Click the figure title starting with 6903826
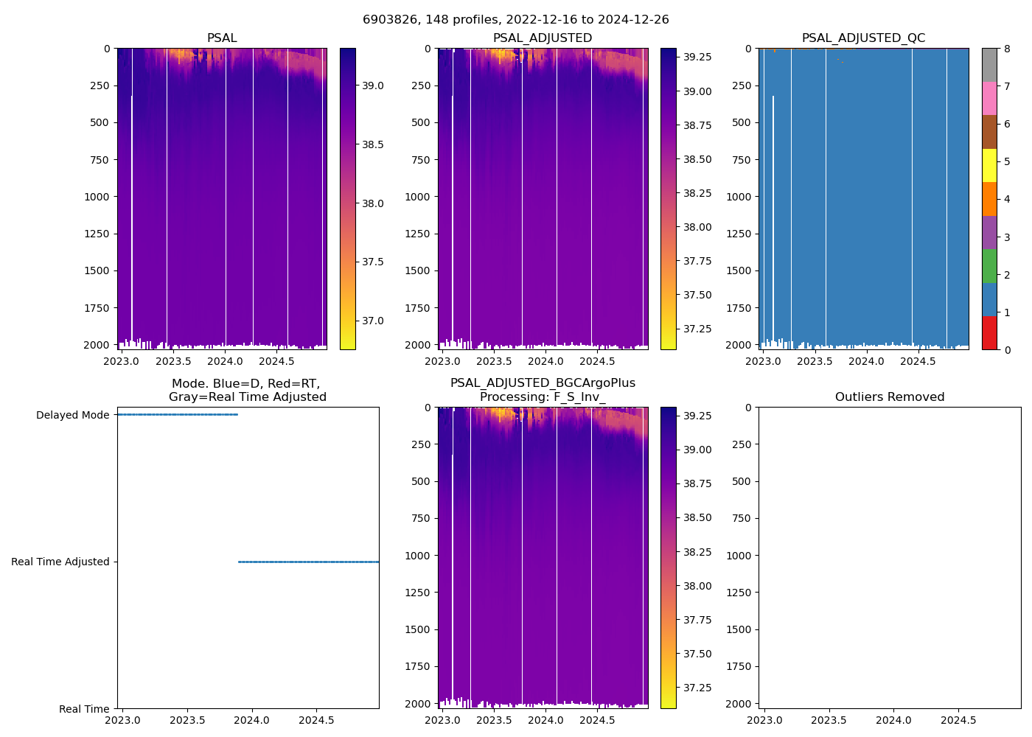coord(515,20)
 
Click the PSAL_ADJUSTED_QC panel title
coord(863,38)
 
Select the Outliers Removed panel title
coord(889,397)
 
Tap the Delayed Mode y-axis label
coord(72,415)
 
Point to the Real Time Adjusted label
coord(60,562)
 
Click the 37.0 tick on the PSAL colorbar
coord(372,321)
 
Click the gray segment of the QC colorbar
coord(989,65)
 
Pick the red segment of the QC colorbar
coord(989,333)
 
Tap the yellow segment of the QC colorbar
coord(989,165)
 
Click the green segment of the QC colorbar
coord(989,266)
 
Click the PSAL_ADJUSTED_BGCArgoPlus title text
coord(543,383)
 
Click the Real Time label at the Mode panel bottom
coord(84,709)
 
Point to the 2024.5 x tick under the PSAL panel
coord(277,361)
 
